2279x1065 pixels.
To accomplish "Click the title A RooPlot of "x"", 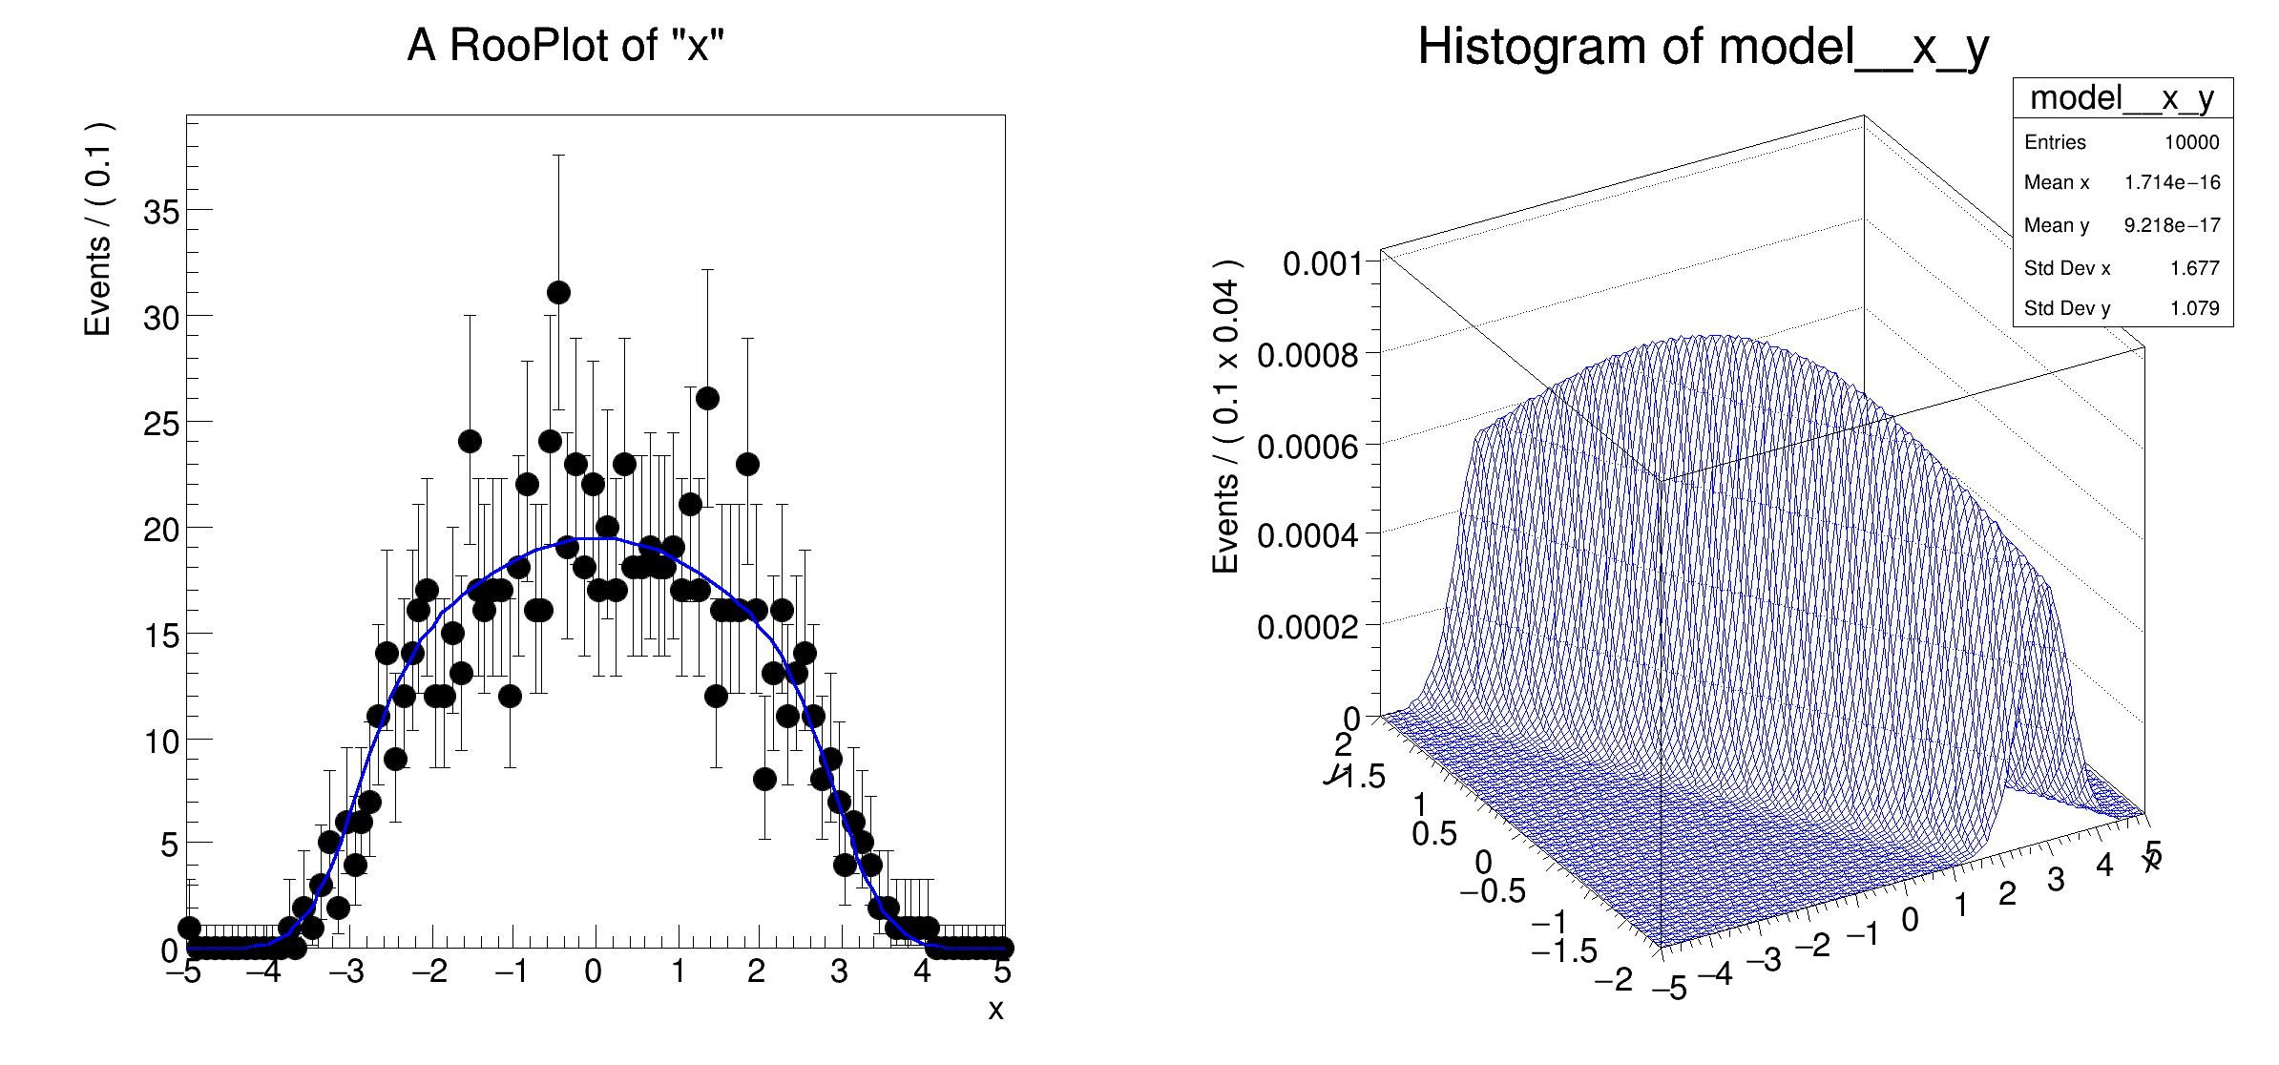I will point(566,45).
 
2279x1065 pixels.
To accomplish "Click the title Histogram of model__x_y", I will point(1703,47).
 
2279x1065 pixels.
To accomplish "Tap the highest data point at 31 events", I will point(558,292).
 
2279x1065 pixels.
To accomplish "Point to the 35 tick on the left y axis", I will point(161,212).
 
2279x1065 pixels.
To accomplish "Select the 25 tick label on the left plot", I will point(161,424).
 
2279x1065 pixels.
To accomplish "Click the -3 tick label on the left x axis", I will point(346,971).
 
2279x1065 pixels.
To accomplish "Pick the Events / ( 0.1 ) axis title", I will point(98,229).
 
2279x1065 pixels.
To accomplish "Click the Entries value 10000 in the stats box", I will point(2191,142).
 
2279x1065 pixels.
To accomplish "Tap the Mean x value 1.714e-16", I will point(2171,182).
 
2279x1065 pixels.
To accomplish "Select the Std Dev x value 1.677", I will point(2194,268).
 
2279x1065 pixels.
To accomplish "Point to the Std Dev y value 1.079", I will point(2194,308).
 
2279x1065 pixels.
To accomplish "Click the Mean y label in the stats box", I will point(2056,225).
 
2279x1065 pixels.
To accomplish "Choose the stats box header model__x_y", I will point(2122,98).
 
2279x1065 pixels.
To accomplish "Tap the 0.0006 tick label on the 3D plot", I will point(1307,447).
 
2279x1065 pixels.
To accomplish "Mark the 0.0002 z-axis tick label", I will point(1307,627).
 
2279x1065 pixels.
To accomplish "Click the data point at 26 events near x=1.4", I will point(707,398).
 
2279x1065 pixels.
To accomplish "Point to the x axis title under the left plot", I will point(995,1010).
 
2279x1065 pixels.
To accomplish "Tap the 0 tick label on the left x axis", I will point(593,971).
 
